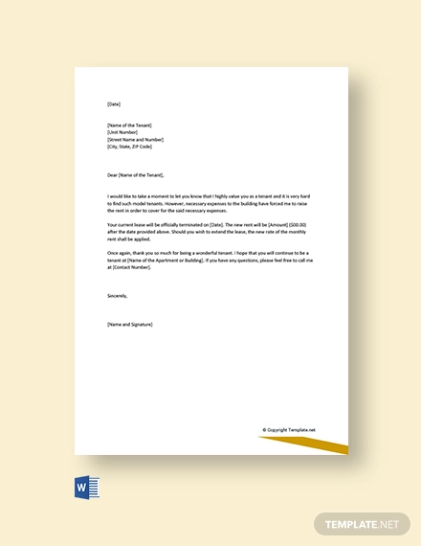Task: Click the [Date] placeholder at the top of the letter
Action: coord(114,103)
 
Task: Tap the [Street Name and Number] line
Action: coord(135,139)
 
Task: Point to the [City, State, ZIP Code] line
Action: coord(129,147)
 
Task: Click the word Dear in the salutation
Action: coord(112,175)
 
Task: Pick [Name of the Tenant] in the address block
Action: coord(129,125)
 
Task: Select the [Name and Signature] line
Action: coord(130,325)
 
